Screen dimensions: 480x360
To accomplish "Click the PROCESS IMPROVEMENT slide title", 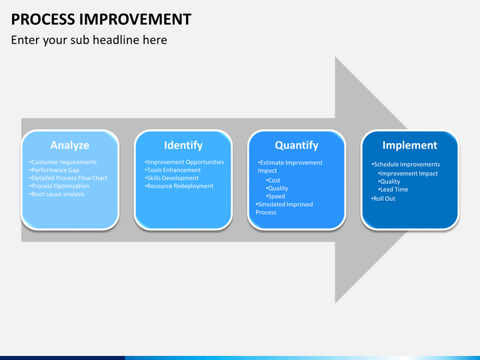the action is [101, 19].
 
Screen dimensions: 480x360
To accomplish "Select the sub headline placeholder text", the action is [89, 40].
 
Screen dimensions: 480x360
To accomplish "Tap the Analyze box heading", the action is [70, 145].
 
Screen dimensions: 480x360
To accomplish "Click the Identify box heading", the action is [183, 145].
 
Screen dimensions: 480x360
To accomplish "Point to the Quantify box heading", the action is [297, 145].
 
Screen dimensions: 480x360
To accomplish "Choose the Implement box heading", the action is [410, 145].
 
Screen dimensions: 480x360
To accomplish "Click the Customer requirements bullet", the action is [63, 162].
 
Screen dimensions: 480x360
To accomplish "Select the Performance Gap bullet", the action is [55, 170].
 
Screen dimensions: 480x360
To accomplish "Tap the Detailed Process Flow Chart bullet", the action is [68, 178].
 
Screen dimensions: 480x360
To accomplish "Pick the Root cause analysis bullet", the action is [57, 194].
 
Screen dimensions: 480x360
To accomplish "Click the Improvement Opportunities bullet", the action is [184, 162].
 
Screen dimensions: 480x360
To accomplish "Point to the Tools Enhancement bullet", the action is [173, 170].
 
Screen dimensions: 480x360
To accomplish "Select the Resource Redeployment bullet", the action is [179, 186].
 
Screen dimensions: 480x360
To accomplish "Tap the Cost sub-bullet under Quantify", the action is [273, 180].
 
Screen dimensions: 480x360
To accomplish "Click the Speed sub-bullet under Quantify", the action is [275, 196].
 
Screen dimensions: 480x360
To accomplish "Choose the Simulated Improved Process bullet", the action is [284, 208].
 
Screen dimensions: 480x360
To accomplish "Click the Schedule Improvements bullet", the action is [405, 165].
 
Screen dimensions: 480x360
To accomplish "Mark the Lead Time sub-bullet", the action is [393, 189].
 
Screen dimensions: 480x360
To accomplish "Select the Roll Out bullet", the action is [383, 199].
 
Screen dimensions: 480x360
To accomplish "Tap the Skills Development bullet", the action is [172, 178].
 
